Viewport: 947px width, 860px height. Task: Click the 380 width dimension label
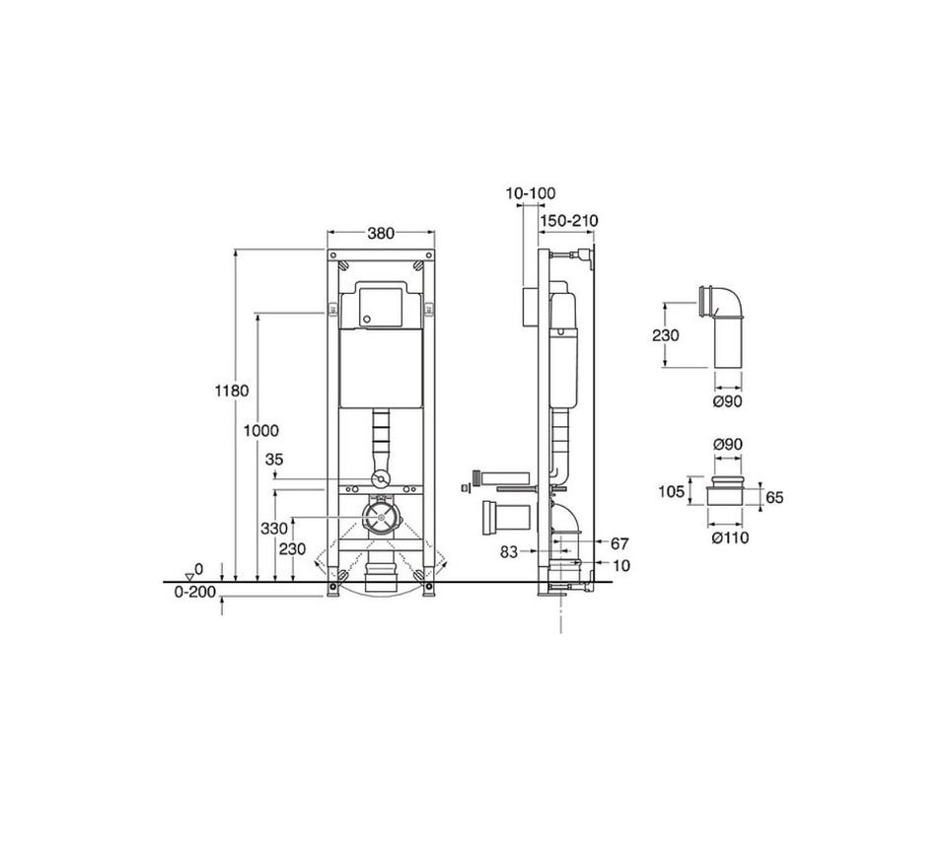coord(381,233)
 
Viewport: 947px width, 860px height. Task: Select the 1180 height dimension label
coord(231,391)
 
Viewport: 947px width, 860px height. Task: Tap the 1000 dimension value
coord(260,431)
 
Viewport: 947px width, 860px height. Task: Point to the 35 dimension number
coord(274,460)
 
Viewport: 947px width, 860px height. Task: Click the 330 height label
coord(274,529)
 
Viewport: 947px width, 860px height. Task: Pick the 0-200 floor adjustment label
coord(195,592)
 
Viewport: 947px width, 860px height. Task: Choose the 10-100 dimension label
coord(531,193)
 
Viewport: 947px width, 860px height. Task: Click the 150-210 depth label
coord(569,221)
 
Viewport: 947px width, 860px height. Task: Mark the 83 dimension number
coord(509,551)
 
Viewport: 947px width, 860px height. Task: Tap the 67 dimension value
coord(619,544)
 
